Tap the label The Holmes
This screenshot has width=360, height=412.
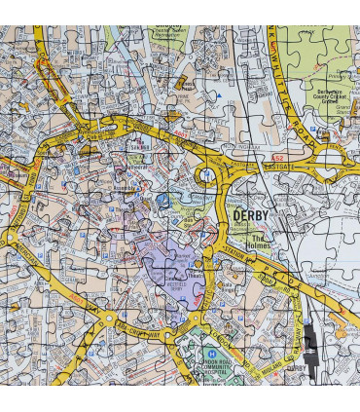click(x=260, y=241)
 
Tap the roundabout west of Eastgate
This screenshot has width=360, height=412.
click(x=207, y=175)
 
